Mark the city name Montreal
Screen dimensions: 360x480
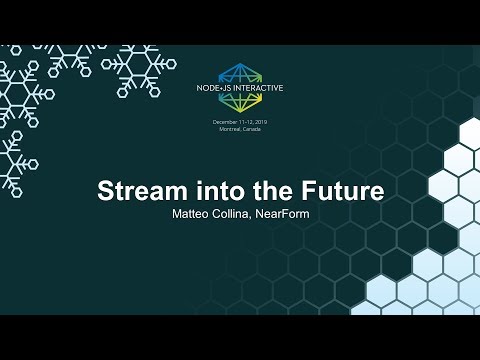(231, 129)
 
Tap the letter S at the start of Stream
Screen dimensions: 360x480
(104, 191)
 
